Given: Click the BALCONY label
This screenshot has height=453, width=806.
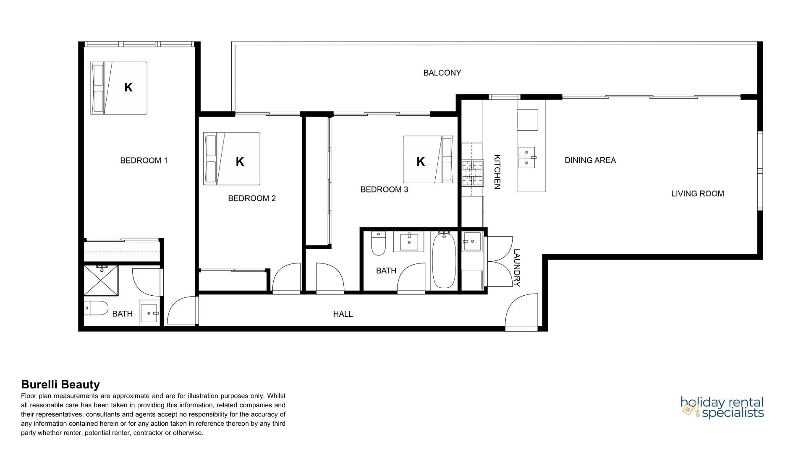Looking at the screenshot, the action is point(442,73).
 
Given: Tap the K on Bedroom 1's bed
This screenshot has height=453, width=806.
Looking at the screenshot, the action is point(128,87).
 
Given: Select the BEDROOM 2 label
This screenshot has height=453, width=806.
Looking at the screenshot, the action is point(252,198).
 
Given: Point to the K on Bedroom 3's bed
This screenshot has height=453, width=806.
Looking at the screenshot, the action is point(421,161).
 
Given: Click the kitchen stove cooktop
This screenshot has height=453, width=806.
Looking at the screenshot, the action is point(473,173).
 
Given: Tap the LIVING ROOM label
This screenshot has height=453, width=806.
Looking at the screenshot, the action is point(697,194).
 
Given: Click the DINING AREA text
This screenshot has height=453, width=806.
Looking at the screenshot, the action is point(590,160).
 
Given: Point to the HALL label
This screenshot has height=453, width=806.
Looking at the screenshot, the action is point(343,314).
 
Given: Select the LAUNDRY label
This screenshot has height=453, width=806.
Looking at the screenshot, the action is point(517,268).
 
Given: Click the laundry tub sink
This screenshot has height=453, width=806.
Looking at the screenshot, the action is point(472,242).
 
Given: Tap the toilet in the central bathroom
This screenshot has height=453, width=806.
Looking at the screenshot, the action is point(378,244).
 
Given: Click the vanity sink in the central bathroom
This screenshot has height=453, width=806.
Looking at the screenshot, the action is point(409,242).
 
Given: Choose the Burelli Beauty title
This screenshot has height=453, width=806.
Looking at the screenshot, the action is point(60,385).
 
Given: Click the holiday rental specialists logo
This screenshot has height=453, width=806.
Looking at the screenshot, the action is point(722,407).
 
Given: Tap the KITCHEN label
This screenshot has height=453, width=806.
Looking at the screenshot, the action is point(497,172).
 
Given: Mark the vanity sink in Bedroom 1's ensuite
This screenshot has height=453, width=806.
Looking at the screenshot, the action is point(150,312).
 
